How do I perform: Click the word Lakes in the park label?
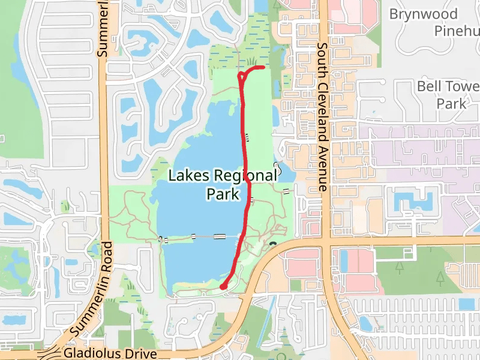(188, 176)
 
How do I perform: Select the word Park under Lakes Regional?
(223, 194)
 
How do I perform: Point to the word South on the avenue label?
(322, 58)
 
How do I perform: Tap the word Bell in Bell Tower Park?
(430, 87)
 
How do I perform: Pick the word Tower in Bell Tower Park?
(462, 87)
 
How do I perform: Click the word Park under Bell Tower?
(451, 104)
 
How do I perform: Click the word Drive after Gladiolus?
(140, 353)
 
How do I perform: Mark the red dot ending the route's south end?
(223, 287)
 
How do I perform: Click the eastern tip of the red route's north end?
(263, 68)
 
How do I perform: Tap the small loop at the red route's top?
(242, 76)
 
